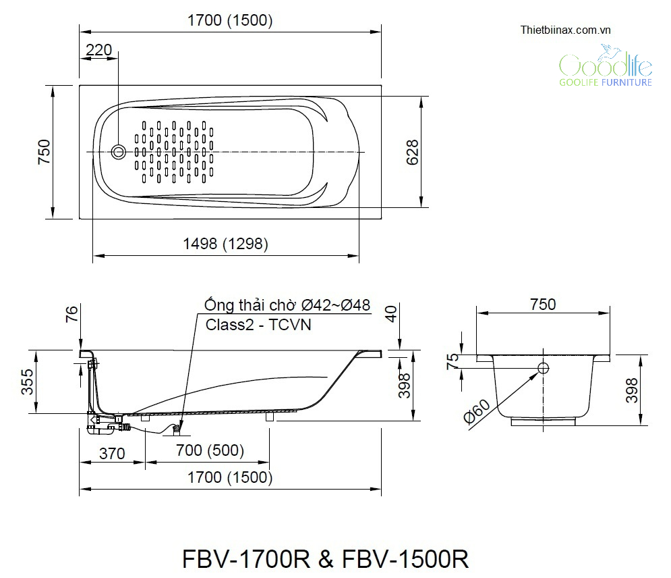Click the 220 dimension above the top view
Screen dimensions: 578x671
coord(98,49)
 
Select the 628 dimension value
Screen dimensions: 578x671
coord(412,152)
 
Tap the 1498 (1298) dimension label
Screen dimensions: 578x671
coord(225,244)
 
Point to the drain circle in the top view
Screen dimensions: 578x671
coord(119,151)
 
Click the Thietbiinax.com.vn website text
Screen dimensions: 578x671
coord(565,30)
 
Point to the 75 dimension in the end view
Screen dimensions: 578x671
coord(453,362)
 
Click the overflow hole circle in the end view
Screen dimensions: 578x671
coord(544,368)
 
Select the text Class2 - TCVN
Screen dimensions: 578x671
coord(259,324)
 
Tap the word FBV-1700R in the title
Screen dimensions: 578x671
coord(246,559)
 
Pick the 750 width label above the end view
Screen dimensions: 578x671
coord(543,305)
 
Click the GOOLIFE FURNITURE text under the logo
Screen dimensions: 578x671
coord(606,82)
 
